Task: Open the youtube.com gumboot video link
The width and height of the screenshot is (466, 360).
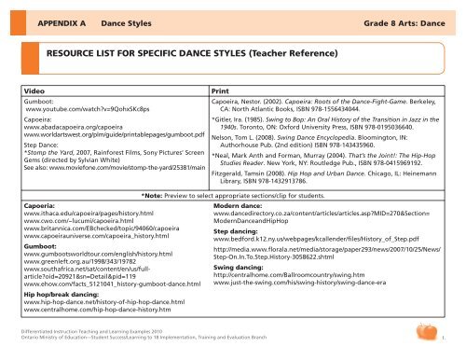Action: coord(78,109)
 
